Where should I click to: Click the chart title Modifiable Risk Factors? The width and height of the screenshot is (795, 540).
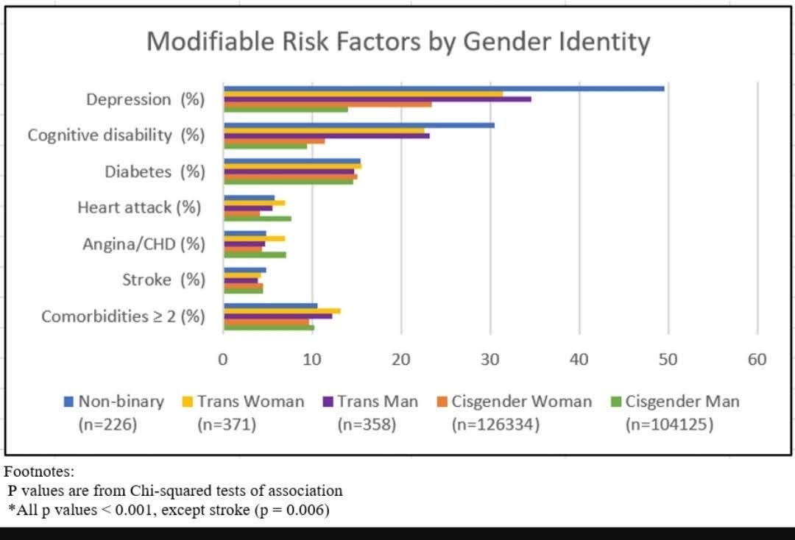coord(398,41)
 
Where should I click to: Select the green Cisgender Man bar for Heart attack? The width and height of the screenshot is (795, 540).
coord(258,219)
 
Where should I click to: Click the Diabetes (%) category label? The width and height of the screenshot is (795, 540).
coord(155,171)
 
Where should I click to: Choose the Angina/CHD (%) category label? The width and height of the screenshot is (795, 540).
coord(144,244)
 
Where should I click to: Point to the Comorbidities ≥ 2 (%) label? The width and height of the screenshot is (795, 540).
coord(123,316)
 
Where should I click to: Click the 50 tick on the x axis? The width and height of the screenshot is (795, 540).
coord(668,360)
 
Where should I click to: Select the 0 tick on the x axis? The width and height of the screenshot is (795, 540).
coord(223,360)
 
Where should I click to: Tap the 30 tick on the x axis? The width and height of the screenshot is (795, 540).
coord(490,360)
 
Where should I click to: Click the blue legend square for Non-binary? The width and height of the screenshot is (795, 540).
coord(68,402)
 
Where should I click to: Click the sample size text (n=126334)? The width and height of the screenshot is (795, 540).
coord(496,424)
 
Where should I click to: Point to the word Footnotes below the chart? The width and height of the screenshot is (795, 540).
coord(39,472)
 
